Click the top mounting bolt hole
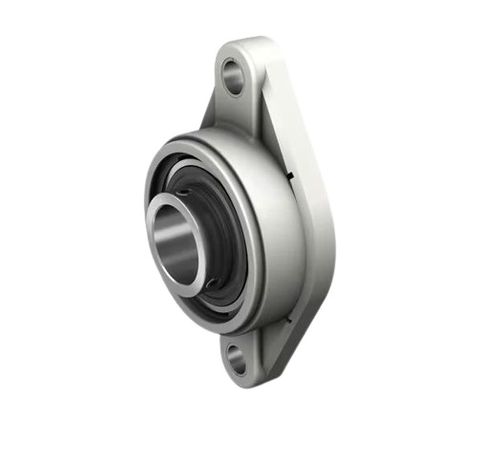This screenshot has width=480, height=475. click(x=233, y=75)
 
